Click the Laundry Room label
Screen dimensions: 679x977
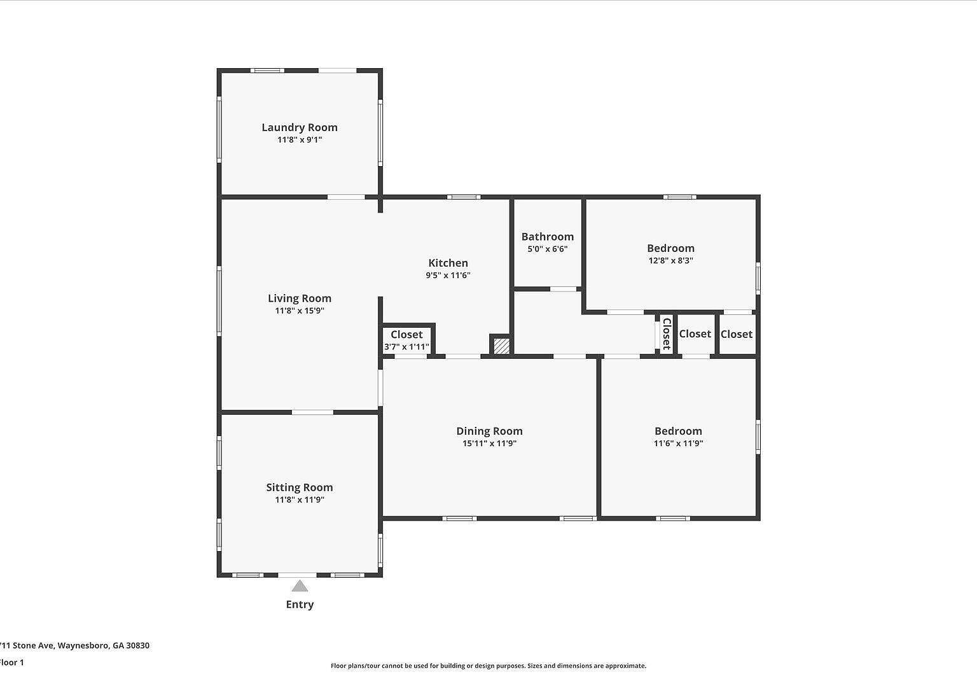pos(300,127)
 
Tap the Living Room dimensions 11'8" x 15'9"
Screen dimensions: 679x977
pos(300,311)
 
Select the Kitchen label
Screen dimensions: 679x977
pos(448,263)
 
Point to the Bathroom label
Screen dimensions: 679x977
pos(547,237)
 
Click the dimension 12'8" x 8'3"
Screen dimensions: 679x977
pos(670,260)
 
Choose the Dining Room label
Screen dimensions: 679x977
pos(489,431)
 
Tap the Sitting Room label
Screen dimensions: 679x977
pos(300,487)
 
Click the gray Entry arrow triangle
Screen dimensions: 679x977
pos(300,586)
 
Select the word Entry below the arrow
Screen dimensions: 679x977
pos(300,605)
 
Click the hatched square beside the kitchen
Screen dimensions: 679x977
pos(501,346)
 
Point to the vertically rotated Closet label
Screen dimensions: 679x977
pos(666,334)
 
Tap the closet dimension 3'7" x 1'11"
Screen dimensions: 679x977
pos(406,347)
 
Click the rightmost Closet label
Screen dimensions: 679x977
pos(736,334)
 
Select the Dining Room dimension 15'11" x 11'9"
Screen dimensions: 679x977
pos(489,444)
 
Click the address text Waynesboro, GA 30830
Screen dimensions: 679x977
pos(103,645)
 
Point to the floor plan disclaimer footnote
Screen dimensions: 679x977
pos(488,666)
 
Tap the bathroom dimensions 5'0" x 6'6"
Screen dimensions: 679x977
pos(547,249)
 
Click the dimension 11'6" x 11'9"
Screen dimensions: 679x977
pos(678,444)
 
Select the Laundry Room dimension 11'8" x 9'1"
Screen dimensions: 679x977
pos(300,139)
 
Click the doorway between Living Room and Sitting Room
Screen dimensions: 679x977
pos(312,412)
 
